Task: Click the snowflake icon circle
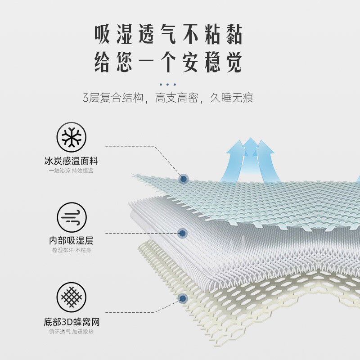pyautogui.click(x=72, y=137)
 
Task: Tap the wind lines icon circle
pyautogui.click(x=72, y=217)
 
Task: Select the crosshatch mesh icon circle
pyautogui.click(x=72, y=297)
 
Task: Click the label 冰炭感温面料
pyautogui.click(x=72, y=161)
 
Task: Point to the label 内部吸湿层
pyautogui.click(x=72, y=241)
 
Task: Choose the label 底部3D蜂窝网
pyautogui.click(x=72, y=322)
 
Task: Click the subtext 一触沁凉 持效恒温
pyautogui.click(x=72, y=171)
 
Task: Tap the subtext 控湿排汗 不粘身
pyautogui.click(x=72, y=250)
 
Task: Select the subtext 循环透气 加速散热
pyautogui.click(x=72, y=332)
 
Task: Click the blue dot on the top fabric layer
pyautogui.click(x=183, y=179)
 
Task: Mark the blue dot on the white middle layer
pyautogui.click(x=182, y=233)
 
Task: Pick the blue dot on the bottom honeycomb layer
pyautogui.click(x=183, y=298)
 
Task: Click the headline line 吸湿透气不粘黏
pyautogui.click(x=168, y=35)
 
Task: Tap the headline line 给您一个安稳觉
pyautogui.click(x=168, y=62)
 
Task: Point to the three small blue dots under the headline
pyautogui.click(x=168, y=84)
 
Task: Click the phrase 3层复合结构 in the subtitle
pyautogui.click(x=115, y=98)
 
